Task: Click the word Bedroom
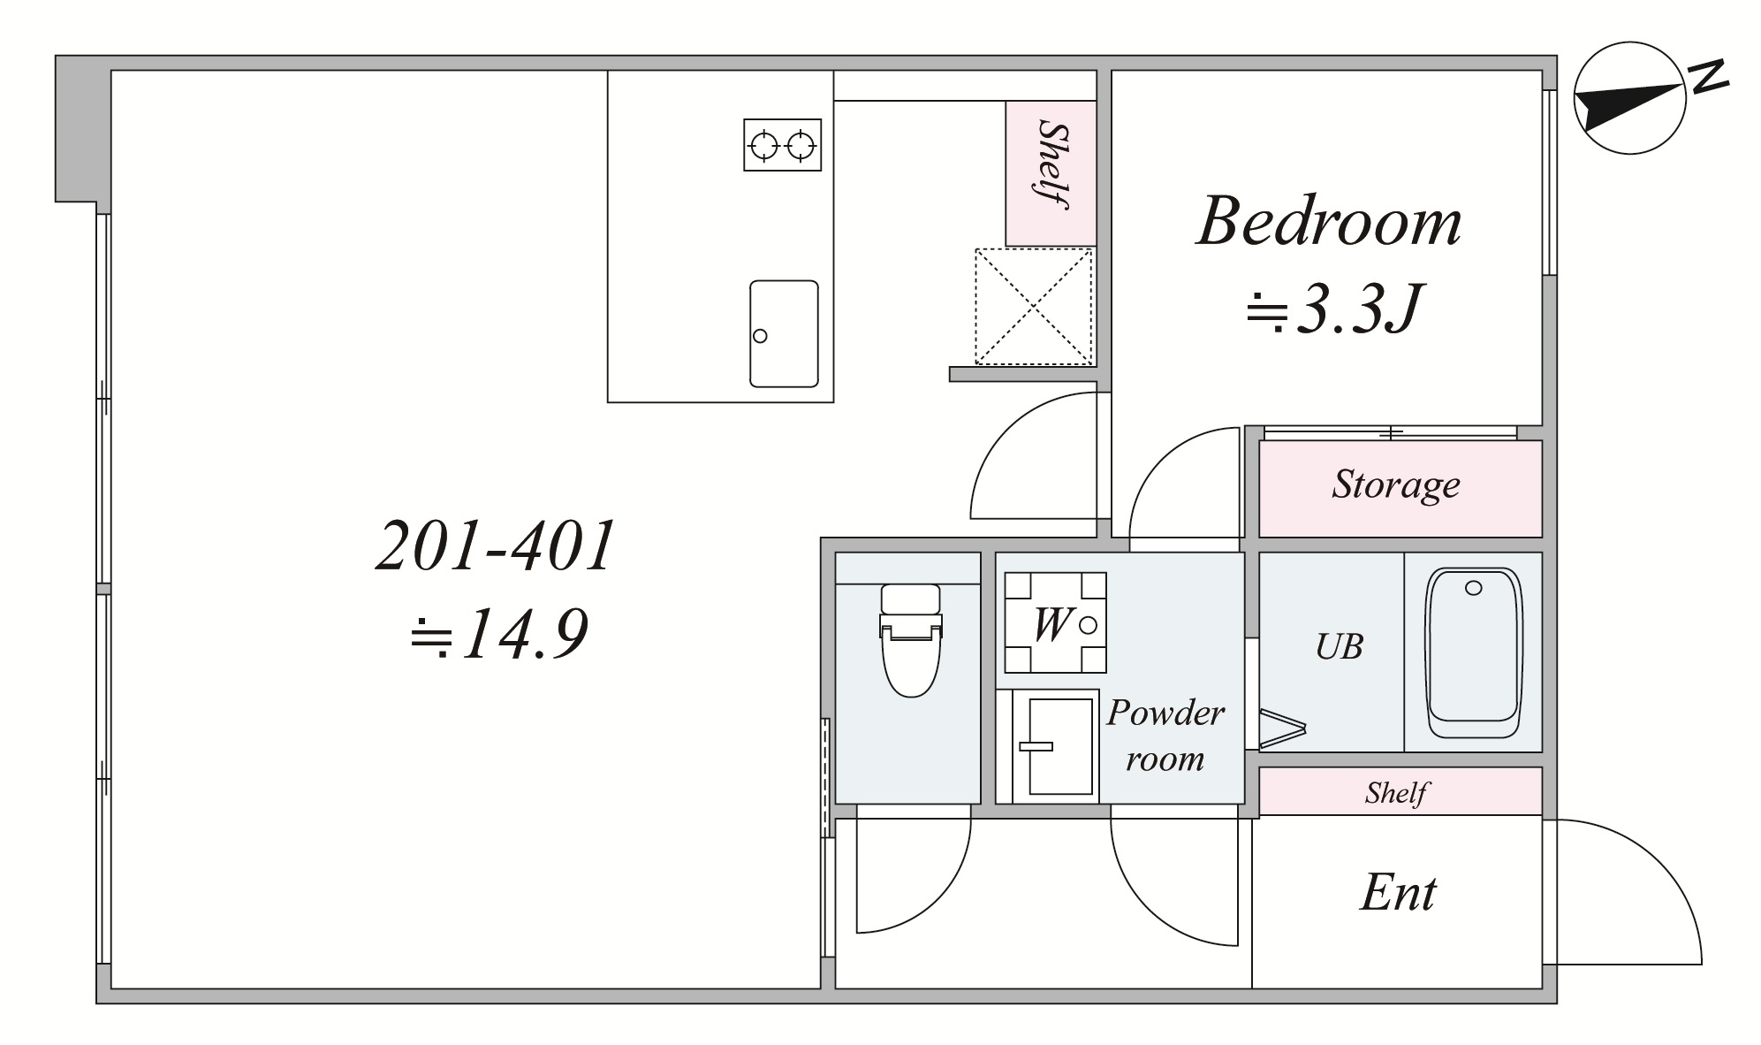pyautogui.click(x=1328, y=222)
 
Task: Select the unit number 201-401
pyautogui.click(x=495, y=546)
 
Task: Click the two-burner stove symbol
pyautogui.click(x=782, y=145)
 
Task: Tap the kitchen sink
pyautogui.click(x=784, y=333)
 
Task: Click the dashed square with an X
pyautogui.click(x=1033, y=306)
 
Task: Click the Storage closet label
pyautogui.click(x=1395, y=485)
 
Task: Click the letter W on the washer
pyautogui.click(x=1051, y=624)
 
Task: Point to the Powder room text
pyautogui.click(x=1165, y=735)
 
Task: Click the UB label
pyautogui.click(x=1339, y=648)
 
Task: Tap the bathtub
pyautogui.click(x=1473, y=652)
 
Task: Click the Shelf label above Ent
pyautogui.click(x=1395, y=792)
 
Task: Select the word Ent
pyautogui.click(x=1398, y=893)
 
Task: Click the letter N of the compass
pyautogui.click(x=1709, y=78)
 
